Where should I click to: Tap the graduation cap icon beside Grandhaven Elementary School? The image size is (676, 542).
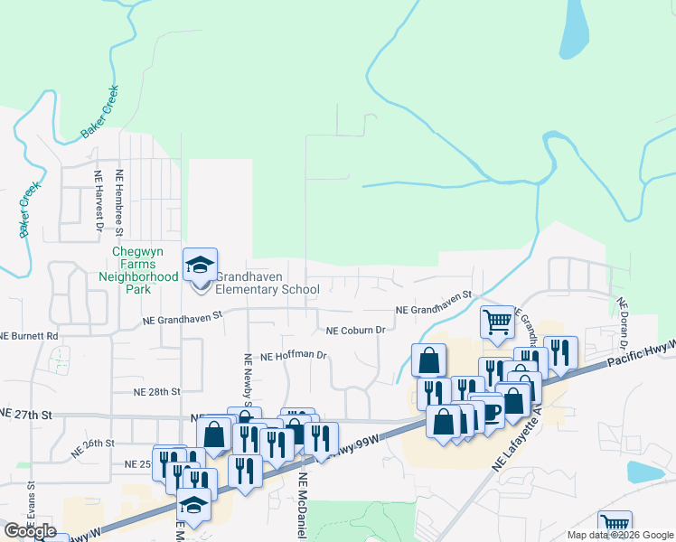(201, 265)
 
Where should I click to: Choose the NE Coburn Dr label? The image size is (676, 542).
(356, 331)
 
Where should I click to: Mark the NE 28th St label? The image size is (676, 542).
(157, 392)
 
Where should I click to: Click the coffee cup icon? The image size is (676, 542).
(491, 412)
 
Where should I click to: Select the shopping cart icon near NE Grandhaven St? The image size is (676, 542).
(497, 322)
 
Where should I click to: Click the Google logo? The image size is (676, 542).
(30, 531)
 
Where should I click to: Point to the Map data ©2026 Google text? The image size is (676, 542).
(619, 535)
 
